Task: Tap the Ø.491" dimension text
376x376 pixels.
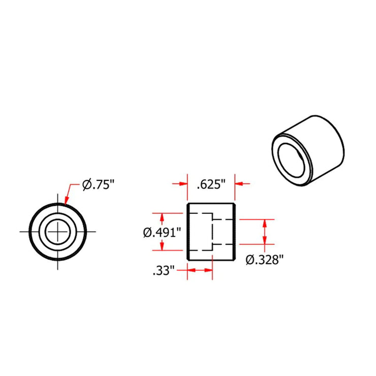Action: click(x=162, y=232)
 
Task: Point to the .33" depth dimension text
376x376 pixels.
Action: click(x=164, y=270)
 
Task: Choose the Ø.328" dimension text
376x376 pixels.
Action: click(x=264, y=260)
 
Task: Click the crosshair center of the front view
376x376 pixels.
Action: click(x=58, y=232)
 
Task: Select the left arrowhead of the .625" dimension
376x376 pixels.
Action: click(x=184, y=184)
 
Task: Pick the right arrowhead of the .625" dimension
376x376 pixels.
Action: click(x=238, y=184)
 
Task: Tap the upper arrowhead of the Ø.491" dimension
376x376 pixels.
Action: click(x=162, y=216)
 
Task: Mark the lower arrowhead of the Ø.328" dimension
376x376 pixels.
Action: click(x=264, y=241)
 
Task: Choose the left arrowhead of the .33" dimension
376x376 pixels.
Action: click(x=191, y=270)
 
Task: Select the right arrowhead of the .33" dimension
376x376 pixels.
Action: click(x=208, y=270)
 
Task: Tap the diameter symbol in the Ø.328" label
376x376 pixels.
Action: click(x=250, y=260)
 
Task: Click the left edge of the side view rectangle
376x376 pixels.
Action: click(x=187, y=232)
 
